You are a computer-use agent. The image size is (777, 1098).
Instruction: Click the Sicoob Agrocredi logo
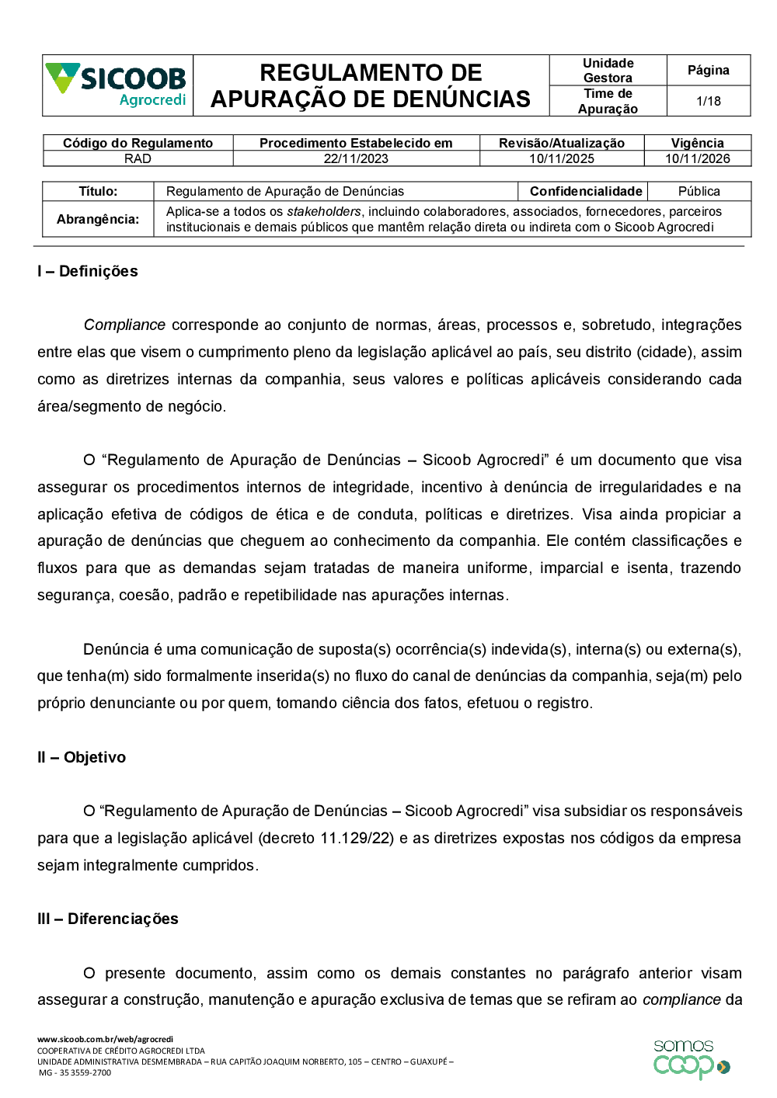[117, 85]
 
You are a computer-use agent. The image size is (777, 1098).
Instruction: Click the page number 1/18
[708, 101]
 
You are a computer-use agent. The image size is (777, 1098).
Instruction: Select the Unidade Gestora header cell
[608, 70]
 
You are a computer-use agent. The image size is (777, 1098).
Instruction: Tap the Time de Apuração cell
[608, 101]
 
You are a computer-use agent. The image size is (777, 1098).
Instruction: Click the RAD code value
[138, 158]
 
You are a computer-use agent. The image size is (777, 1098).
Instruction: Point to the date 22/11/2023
[356, 158]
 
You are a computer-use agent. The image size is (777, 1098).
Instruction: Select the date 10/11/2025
[561, 158]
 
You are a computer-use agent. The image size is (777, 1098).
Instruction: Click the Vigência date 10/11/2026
[697, 158]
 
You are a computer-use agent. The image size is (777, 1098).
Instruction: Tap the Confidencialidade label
[585, 191]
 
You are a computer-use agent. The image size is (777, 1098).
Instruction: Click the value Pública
[699, 191]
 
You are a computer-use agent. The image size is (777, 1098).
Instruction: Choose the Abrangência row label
[98, 219]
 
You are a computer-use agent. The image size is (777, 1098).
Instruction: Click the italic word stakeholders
[323, 211]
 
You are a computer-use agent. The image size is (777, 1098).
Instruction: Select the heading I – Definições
[88, 271]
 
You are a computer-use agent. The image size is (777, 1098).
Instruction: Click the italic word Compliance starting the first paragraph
[124, 325]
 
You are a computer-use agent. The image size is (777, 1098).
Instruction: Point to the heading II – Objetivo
[82, 757]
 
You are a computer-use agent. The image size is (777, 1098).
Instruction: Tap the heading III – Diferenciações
[108, 919]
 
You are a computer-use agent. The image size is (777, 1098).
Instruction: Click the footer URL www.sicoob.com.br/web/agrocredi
[106, 1039]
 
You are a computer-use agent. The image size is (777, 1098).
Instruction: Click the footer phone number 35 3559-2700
[85, 1072]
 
